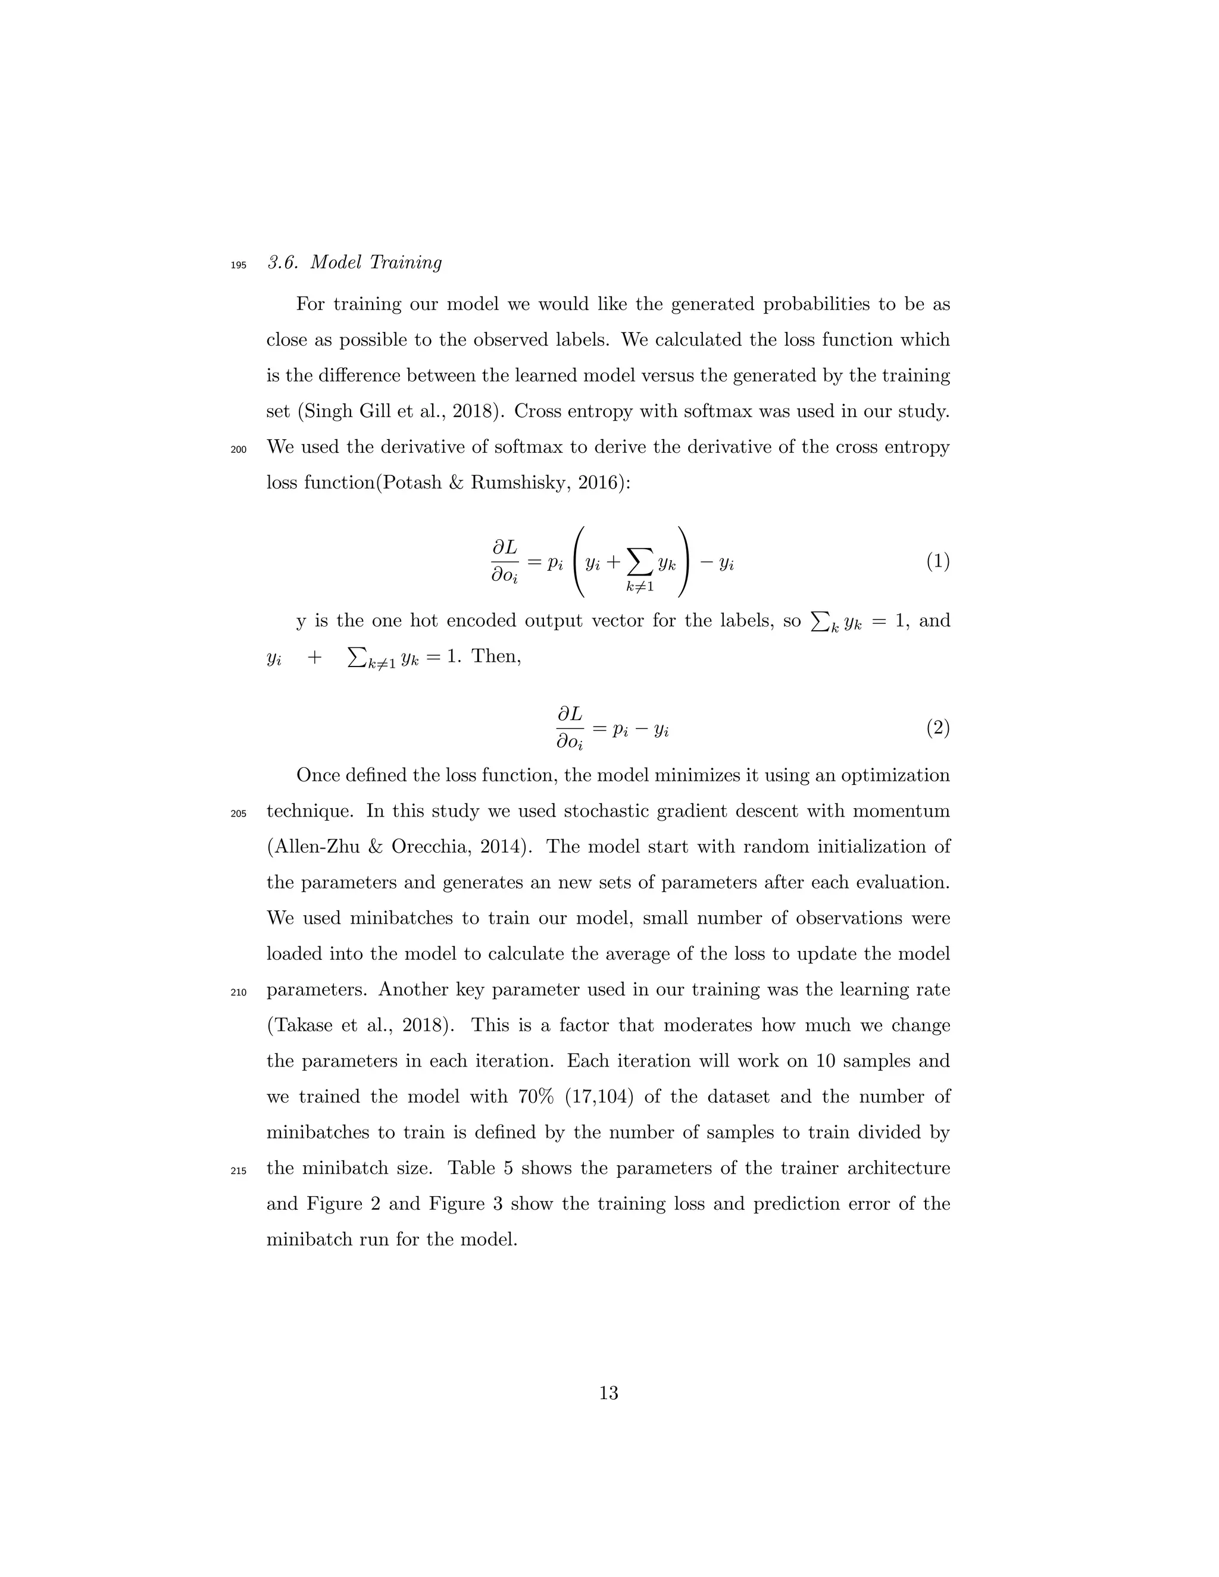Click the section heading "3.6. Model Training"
[x=354, y=263]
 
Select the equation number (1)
[x=937, y=562]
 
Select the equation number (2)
[x=937, y=728]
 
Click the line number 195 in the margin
[x=238, y=265]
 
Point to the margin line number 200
[x=238, y=450]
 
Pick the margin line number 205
[x=238, y=813]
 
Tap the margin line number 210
[x=238, y=992]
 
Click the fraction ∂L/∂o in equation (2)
[x=570, y=728]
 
